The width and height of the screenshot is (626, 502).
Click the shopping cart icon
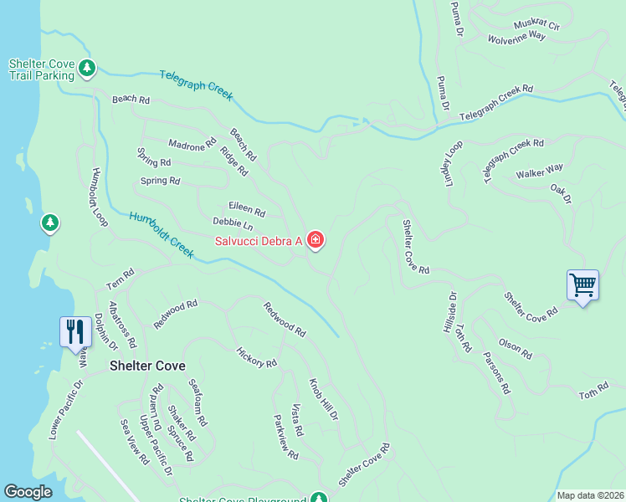coord(582,285)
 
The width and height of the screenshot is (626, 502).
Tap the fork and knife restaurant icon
coord(75,331)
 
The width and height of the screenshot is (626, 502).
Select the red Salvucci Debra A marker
coord(316,241)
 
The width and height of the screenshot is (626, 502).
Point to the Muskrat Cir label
coord(536,24)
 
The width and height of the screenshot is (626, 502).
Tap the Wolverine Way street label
coord(516,38)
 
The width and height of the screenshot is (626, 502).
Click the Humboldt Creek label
coord(162,235)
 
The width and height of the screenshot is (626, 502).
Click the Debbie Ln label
coord(233,223)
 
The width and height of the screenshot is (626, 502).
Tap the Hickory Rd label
coord(256,357)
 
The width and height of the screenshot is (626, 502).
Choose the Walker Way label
coord(540,173)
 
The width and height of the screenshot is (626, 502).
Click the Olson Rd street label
coord(515,347)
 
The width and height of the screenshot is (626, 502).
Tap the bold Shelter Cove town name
coord(147,366)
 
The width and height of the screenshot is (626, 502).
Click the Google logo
coord(28,492)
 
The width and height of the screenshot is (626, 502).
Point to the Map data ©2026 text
coord(590,495)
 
